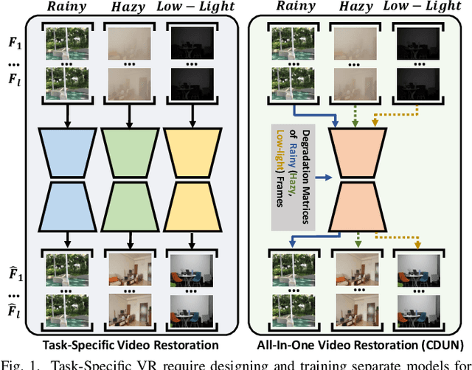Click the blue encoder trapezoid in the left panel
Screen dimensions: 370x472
click(x=67, y=150)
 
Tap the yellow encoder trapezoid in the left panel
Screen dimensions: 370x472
click(x=190, y=150)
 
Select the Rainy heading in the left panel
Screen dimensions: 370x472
click(x=67, y=8)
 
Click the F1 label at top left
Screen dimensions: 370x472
click(x=15, y=38)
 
